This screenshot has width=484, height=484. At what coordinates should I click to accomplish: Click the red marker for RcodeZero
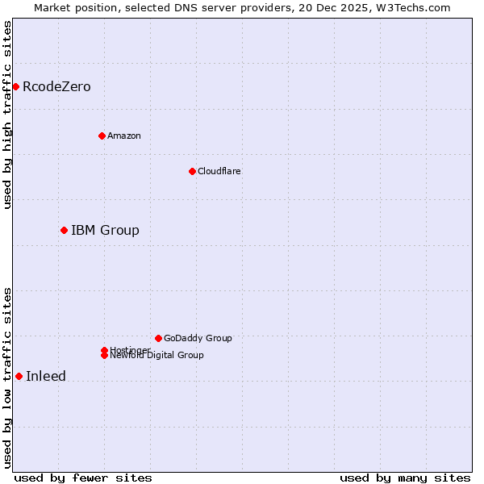pos(15,86)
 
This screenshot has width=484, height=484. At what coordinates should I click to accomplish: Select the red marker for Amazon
pos(102,136)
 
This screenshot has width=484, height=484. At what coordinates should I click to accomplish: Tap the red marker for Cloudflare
pos(192,171)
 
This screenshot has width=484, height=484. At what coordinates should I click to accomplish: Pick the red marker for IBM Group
pos(64,230)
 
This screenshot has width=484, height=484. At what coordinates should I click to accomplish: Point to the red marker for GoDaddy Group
pos(158,338)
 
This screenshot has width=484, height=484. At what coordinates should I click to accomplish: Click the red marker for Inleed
pos(19,376)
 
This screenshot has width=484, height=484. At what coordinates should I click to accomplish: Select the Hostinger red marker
pos(104,350)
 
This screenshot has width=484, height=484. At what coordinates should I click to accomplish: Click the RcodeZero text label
pos(56,86)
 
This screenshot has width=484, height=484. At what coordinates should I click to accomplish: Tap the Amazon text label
pos(124,136)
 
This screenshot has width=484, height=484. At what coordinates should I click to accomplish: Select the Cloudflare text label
pos(219,171)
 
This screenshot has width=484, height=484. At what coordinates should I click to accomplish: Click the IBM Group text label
pos(105,230)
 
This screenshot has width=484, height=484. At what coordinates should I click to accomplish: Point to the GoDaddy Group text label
pos(198,338)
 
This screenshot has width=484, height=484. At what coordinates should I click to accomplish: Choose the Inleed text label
pos(46,376)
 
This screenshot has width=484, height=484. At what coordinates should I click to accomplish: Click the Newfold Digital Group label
pos(157,356)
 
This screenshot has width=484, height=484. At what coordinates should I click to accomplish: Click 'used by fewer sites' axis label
pos(83,478)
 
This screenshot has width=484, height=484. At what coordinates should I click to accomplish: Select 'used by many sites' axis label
pos(405,478)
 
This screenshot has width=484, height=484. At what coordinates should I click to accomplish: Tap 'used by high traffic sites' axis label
pos(7,115)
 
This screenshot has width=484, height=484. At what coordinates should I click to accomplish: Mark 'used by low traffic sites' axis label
pos(7,378)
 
